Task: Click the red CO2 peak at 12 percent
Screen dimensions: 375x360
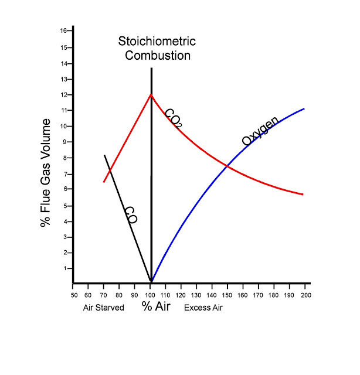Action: (151, 94)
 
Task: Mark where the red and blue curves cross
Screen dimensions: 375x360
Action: (227, 167)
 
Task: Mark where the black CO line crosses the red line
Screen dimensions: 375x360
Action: (108, 171)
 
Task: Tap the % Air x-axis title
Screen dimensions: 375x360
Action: (156, 306)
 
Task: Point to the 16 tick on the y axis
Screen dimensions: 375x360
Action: (63, 30)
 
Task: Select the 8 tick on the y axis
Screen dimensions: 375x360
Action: (66, 157)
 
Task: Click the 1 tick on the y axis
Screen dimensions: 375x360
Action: (66, 268)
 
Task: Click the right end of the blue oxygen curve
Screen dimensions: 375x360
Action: (304, 108)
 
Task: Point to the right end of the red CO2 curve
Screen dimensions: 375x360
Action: (303, 194)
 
